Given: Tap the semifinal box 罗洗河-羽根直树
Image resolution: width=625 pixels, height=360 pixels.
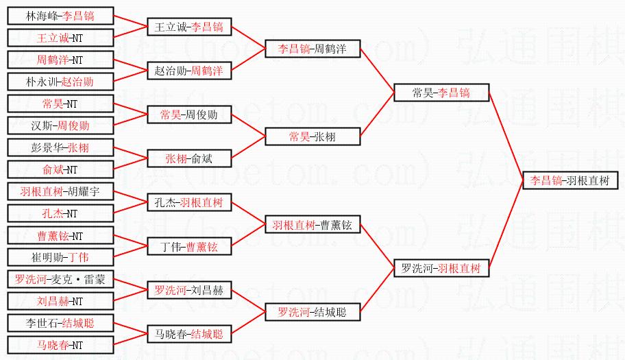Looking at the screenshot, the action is click(x=441, y=268).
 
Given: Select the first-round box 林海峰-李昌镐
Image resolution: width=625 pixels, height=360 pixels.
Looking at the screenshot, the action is click(x=60, y=15).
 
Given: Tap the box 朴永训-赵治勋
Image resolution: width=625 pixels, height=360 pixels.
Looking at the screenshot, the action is click(x=60, y=82).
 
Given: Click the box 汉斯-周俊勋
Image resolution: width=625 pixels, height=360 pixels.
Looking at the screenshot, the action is click(x=60, y=125).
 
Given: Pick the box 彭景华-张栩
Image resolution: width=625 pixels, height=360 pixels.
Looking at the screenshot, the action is click(x=60, y=147).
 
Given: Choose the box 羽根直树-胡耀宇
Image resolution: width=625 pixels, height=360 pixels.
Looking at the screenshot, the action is click(x=60, y=191).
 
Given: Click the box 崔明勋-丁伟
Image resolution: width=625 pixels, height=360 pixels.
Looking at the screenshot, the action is click(x=60, y=257).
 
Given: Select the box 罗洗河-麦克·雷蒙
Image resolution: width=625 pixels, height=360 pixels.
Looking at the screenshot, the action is click(x=60, y=279).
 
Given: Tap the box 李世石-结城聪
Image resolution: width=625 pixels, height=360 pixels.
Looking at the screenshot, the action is click(x=60, y=323).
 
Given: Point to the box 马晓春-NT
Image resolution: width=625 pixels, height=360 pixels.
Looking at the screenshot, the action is click(x=60, y=345).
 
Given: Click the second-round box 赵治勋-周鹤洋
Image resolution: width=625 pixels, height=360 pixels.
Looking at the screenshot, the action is click(x=190, y=71).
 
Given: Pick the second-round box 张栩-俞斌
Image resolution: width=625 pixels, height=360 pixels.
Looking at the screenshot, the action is click(x=190, y=158).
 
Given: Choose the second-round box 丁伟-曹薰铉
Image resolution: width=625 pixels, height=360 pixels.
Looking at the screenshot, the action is click(x=190, y=246).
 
